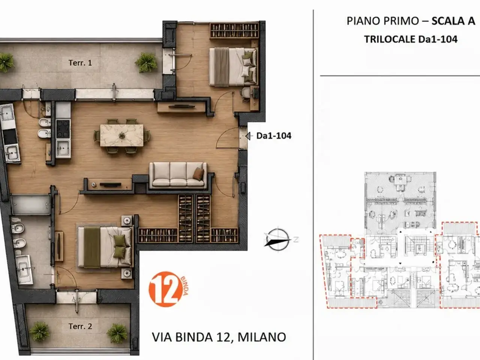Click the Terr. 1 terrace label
point(80,63)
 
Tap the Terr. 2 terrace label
point(80,326)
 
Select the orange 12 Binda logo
point(168,289)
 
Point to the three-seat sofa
point(178,175)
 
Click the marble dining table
point(122,135)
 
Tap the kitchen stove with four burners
point(63,129)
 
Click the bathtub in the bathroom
point(30,205)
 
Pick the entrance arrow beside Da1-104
point(248,136)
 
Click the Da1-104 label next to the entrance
point(274,136)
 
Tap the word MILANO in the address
point(262,337)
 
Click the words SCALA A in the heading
point(453,21)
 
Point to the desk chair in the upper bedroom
point(246,94)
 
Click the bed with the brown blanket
point(233,66)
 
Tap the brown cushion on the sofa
point(198,174)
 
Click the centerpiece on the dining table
point(122,136)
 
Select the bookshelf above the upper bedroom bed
point(234,31)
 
